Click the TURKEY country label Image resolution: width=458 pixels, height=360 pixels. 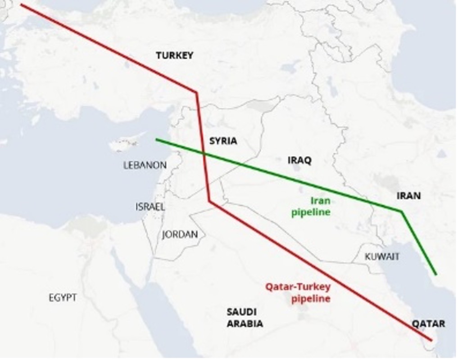point(174,55)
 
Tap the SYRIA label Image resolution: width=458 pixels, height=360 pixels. point(223,141)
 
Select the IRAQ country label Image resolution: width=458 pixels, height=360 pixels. point(299,160)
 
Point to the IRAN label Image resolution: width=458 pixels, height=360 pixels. point(408,195)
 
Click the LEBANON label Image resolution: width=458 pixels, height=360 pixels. point(145,165)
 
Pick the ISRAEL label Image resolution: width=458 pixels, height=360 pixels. point(150,207)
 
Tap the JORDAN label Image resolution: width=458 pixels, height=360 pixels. point(180,234)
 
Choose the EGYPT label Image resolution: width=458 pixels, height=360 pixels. point(63,297)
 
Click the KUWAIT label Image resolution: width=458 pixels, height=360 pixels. point(382,256)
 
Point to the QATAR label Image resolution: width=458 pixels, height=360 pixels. point(428,324)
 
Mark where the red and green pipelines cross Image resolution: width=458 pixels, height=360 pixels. point(204,154)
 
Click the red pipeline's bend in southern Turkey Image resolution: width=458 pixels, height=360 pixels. point(196,93)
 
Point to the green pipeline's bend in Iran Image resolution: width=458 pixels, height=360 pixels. point(401,211)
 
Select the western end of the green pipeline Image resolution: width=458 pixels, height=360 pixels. point(156,139)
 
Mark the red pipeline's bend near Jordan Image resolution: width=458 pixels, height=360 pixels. point(209,201)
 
